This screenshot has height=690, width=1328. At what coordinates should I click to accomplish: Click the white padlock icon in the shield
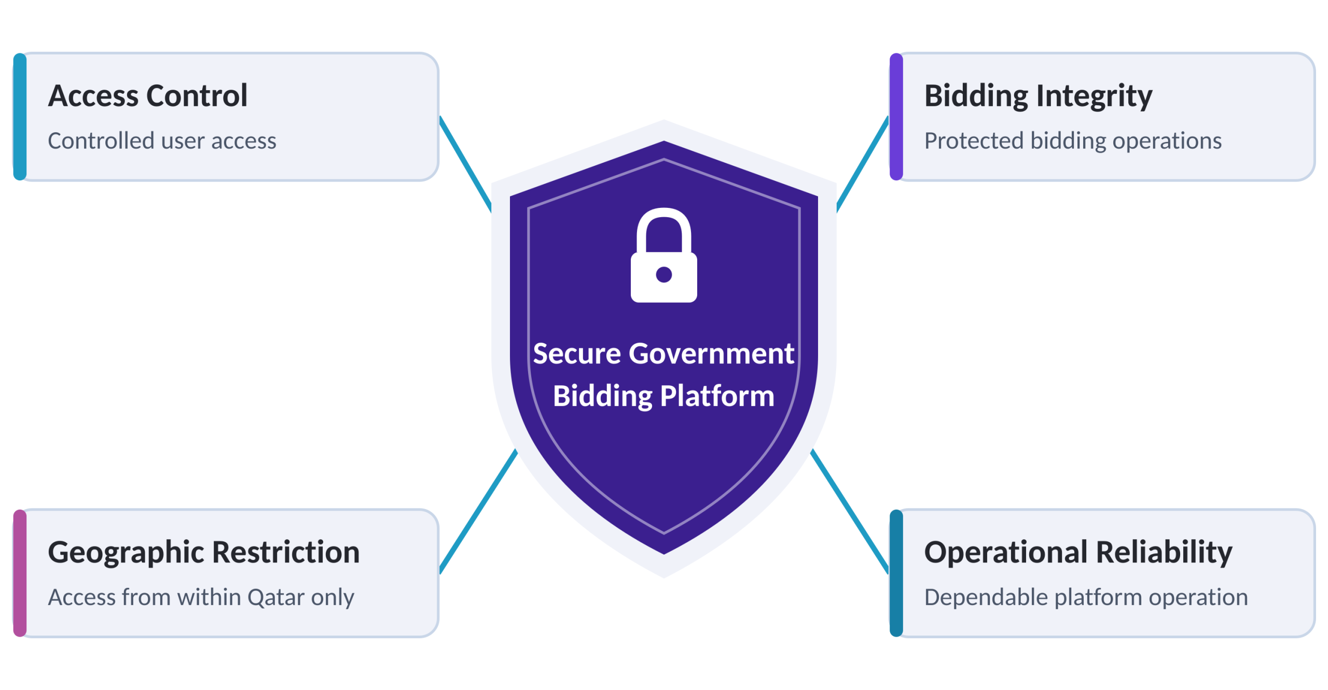tap(663, 255)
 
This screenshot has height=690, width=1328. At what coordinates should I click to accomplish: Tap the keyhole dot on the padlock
tap(663, 274)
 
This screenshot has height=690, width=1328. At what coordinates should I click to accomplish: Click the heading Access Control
tap(148, 96)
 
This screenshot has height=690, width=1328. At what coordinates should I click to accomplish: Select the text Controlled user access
tap(162, 141)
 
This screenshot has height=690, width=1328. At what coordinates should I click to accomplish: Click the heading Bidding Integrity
tap(1038, 97)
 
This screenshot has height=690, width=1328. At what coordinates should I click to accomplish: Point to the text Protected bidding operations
tap(1073, 142)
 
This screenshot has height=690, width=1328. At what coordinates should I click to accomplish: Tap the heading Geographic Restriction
tap(204, 553)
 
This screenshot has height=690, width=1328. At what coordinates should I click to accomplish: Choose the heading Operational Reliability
tap(1078, 553)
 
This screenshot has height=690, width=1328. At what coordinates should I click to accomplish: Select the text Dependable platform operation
tap(1086, 598)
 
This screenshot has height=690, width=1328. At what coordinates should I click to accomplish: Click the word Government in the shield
tap(711, 354)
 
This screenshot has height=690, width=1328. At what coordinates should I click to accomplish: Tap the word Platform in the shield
tap(717, 397)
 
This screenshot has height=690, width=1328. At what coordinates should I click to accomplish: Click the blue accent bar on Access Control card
tap(20, 117)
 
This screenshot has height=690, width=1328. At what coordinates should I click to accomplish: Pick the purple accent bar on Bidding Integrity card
tap(896, 117)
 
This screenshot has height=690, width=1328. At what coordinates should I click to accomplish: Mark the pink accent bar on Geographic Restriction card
tap(20, 573)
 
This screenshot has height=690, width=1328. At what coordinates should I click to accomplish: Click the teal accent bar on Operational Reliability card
tap(896, 573)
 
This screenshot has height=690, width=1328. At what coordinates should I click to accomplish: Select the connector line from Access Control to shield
tap(465, 164)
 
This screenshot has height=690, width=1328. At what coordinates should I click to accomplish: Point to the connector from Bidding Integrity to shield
tap(863, 164)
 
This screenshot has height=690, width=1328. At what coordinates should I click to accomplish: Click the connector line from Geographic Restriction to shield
tap(478, 511)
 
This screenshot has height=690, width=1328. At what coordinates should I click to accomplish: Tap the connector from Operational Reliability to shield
tap(850, 511)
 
